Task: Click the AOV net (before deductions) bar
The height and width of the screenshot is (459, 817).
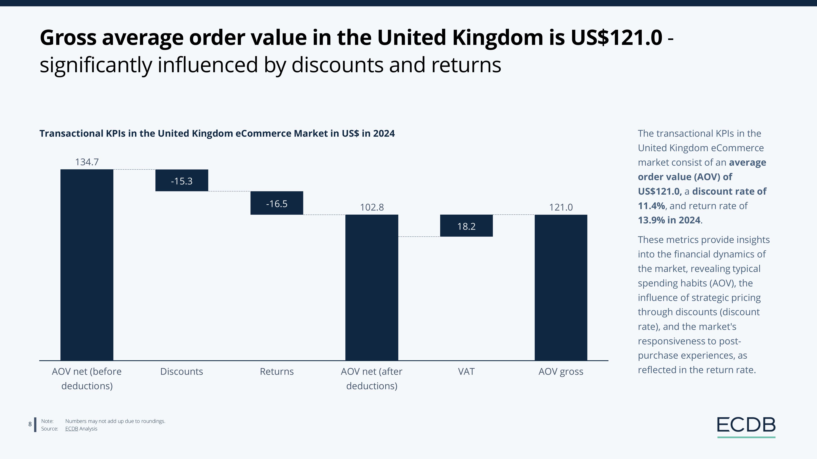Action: tap(87, 265)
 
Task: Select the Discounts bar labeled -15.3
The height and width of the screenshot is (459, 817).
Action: tap(181, 181)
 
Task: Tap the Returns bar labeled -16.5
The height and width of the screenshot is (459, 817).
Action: tap(277, 203)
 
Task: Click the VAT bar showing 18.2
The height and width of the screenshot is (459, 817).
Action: tap(466, 226)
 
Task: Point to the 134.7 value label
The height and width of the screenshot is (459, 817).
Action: tap(87, 162)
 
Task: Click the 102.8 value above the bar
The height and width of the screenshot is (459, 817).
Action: tap(372, 207)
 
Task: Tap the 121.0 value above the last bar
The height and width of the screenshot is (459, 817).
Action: tap(561, 207)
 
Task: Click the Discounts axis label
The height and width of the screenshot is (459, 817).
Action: tap(181, 371)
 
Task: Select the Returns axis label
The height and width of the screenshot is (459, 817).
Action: tap(277, 371)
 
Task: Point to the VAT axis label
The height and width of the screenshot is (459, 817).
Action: tap(466, 371)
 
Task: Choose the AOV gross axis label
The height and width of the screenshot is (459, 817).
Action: tap(561, 371)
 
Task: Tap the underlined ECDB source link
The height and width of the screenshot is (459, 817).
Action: tap(71, 429)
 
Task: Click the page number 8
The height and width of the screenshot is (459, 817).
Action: tap(30, 424)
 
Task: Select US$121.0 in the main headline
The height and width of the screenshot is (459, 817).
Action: tap(616, 37)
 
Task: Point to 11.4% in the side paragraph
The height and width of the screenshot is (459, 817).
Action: tap(651, 206)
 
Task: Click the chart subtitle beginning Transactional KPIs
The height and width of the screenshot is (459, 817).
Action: tap(217, 133)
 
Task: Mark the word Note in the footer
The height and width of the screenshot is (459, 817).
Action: tap(47, 421)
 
